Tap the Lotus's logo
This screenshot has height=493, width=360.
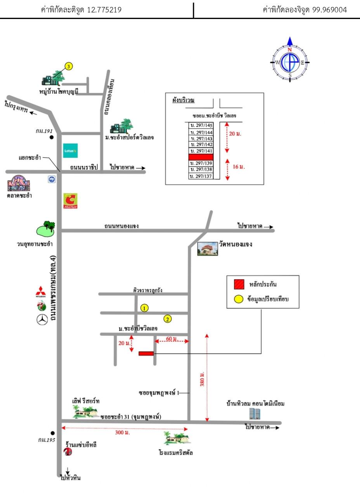coord(70,150)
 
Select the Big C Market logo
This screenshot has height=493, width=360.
coord(70,201)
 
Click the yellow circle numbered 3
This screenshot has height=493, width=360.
coord(69,66)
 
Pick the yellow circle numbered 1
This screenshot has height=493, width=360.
coord(144,308)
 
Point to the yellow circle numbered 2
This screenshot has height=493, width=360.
coord(168,319)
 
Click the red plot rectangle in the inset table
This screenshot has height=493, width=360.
coord(201,157)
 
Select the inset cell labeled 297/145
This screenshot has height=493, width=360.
coord(201,125)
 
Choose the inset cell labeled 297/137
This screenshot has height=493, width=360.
coord(201,176)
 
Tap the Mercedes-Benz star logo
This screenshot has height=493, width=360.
coord(42,320)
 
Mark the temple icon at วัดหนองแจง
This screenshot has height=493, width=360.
coord(208,249)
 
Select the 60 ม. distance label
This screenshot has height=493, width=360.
coord(171,339)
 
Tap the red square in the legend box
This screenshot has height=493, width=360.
coord(239,284)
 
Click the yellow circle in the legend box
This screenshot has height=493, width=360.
coord(239,299)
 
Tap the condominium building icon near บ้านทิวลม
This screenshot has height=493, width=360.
coord(254,413)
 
